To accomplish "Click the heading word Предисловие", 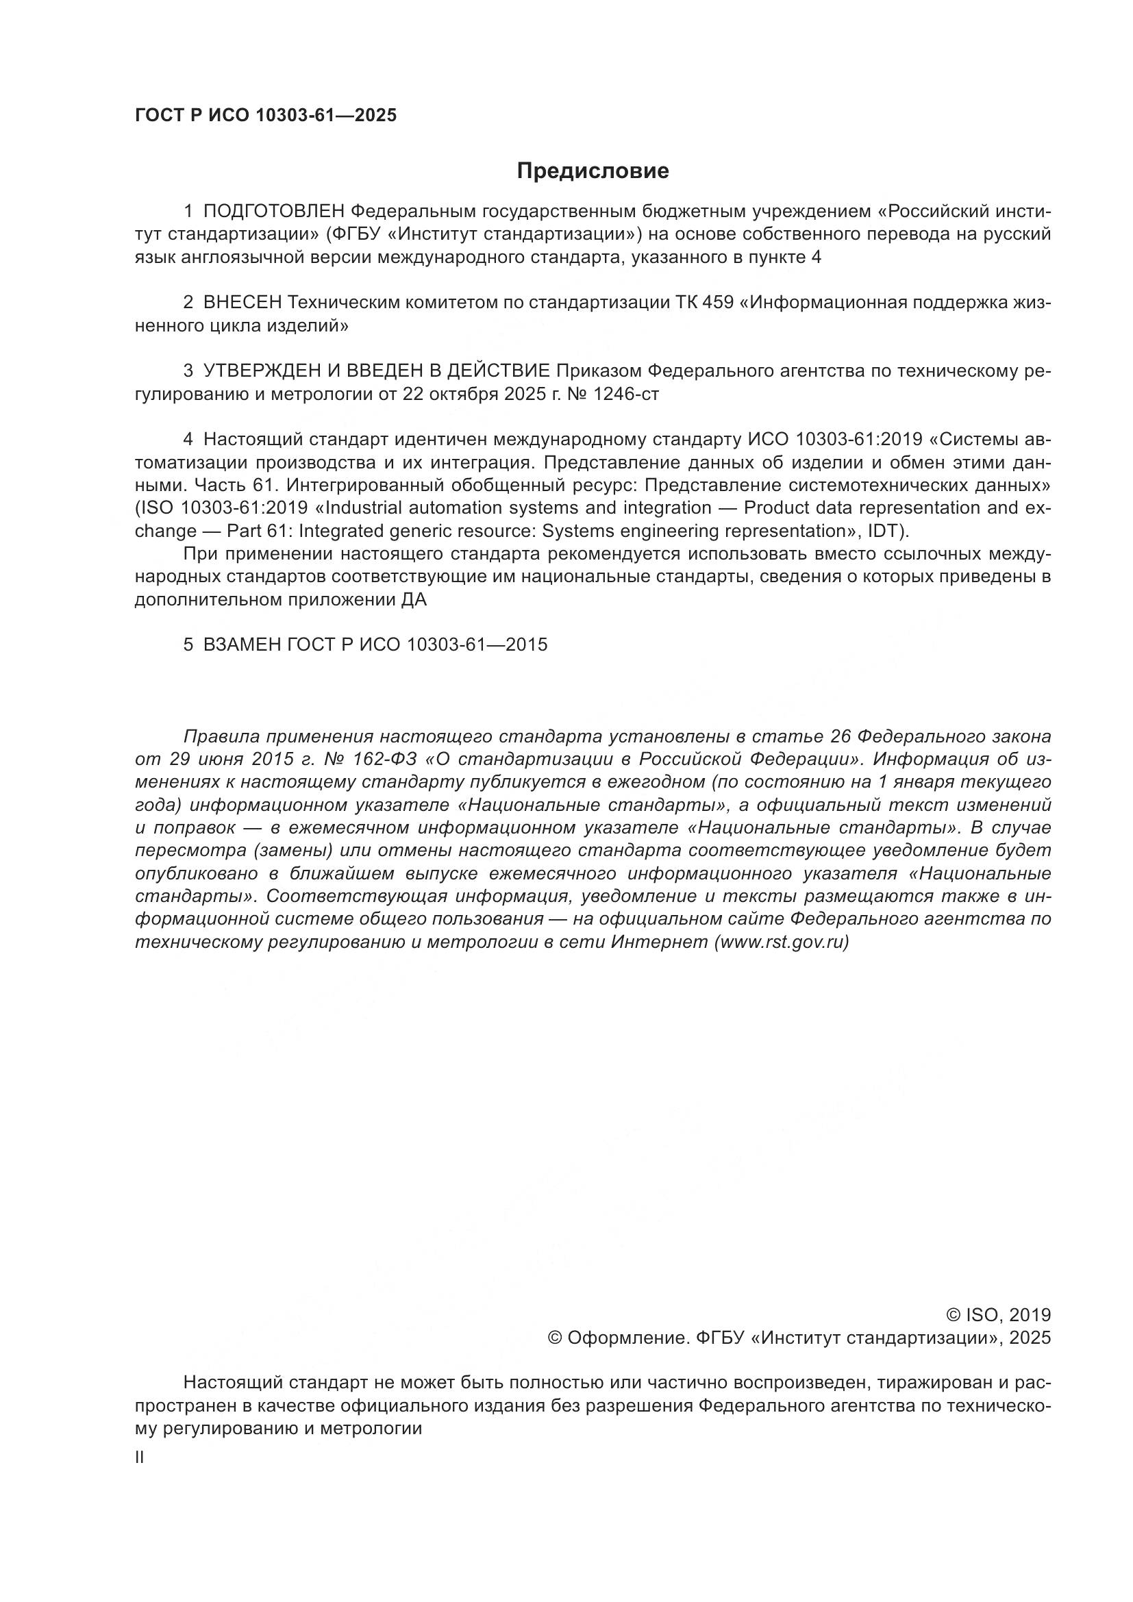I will click(x=593, y=171).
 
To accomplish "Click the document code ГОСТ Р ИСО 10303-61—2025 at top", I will click(x=265, y=115).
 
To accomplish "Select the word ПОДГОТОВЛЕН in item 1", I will click(x=274, y=211).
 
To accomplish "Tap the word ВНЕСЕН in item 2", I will click(x=242, y=303).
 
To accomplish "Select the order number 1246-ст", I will click(x=625, y=395).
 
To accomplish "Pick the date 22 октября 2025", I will click(x=473, y=395).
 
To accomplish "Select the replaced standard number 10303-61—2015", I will click(x=477, y=644).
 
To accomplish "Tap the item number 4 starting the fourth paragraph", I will click(x=188, y=440).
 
